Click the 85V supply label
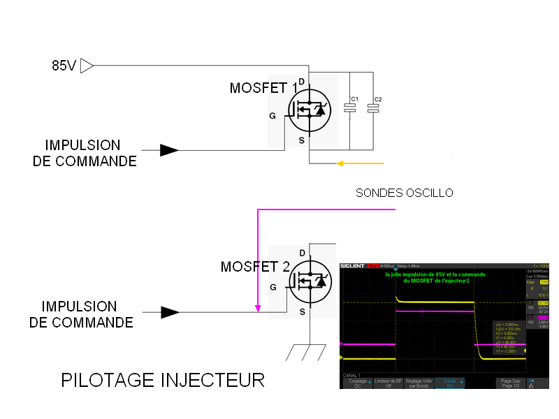[64, 66]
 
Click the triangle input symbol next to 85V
[87, 66]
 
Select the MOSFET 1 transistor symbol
[308, 112]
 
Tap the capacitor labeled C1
[349, 108]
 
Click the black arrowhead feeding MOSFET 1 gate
[168, 150]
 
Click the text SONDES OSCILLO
[404, 193]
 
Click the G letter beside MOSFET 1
[273, 116]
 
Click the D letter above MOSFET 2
[302, 253]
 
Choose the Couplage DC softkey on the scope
[358, 383]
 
